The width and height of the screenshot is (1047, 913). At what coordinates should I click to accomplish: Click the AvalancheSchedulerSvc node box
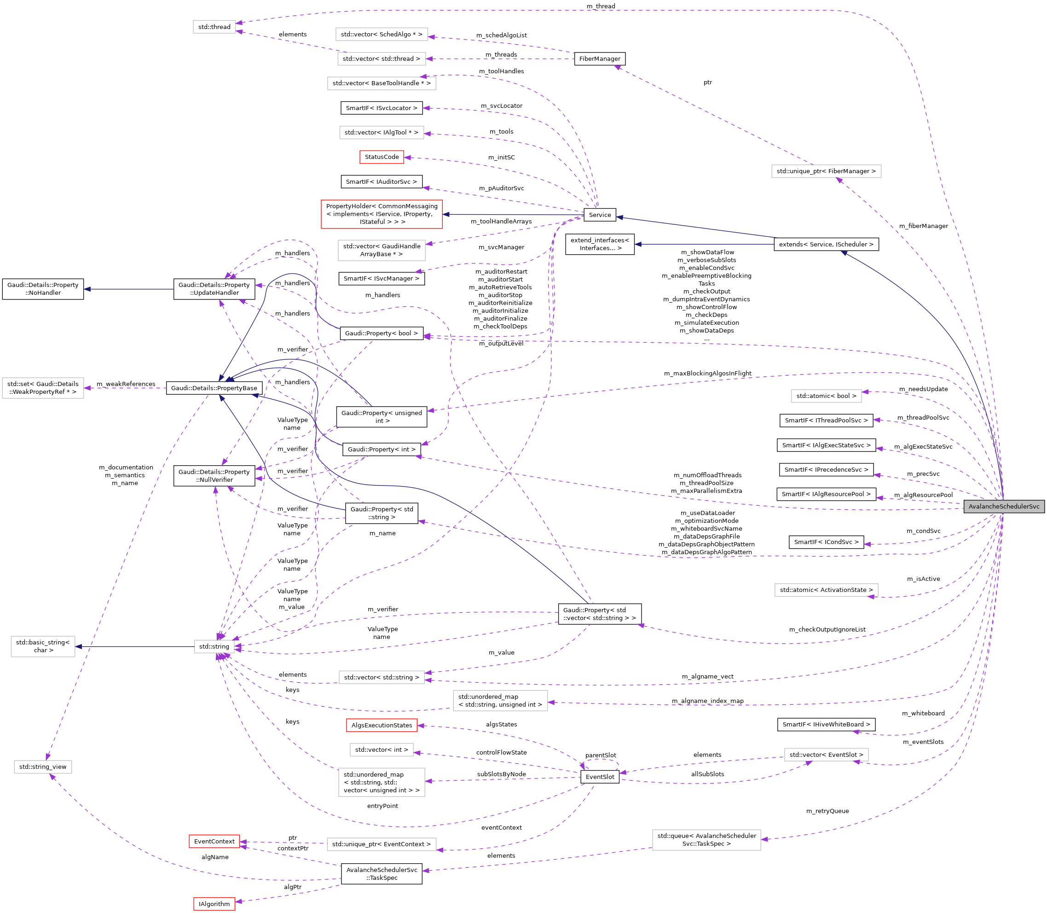(x=1003, y=506)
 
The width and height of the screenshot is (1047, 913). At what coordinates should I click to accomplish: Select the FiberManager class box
(x=600, y=59)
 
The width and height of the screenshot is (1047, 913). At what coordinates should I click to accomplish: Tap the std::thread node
(x=214, y=27)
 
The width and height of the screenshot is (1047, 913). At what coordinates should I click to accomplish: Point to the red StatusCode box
(x=382, y=157)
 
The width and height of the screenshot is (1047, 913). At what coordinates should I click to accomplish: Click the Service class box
(x=600, y=215)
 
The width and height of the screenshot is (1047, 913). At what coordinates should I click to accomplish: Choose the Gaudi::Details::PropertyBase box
(x=214, y=388)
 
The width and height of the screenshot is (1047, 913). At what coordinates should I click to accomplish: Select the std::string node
(x=214, y=647)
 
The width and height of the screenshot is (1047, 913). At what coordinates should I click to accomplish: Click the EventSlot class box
(x=600, y=777)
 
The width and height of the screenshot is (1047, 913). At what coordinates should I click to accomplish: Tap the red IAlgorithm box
(x=214, y=904)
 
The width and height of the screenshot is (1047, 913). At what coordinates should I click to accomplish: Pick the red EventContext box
(x=214, y=841)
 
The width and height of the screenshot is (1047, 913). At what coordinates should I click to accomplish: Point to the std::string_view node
(x=43, y=767)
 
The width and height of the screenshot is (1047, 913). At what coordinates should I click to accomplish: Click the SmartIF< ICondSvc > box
(x=826, y=542)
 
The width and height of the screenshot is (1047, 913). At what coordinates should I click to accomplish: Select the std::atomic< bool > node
(x=826, y=396)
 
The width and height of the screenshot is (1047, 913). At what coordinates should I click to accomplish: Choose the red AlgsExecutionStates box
(x=382, y=725)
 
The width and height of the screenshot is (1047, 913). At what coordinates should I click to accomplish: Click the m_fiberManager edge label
(x=923, y=226)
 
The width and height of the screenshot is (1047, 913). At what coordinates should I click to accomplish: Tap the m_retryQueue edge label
(x=827, y=811)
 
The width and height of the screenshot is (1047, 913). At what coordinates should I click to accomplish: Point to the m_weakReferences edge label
(x=126, y=384)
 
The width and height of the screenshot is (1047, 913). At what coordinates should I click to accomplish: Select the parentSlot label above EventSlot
(x=601, y=755)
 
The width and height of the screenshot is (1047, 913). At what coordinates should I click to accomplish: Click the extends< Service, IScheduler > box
(x=826, y=245)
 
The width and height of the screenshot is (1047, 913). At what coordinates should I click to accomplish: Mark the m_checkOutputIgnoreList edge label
(x=827, y=630)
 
